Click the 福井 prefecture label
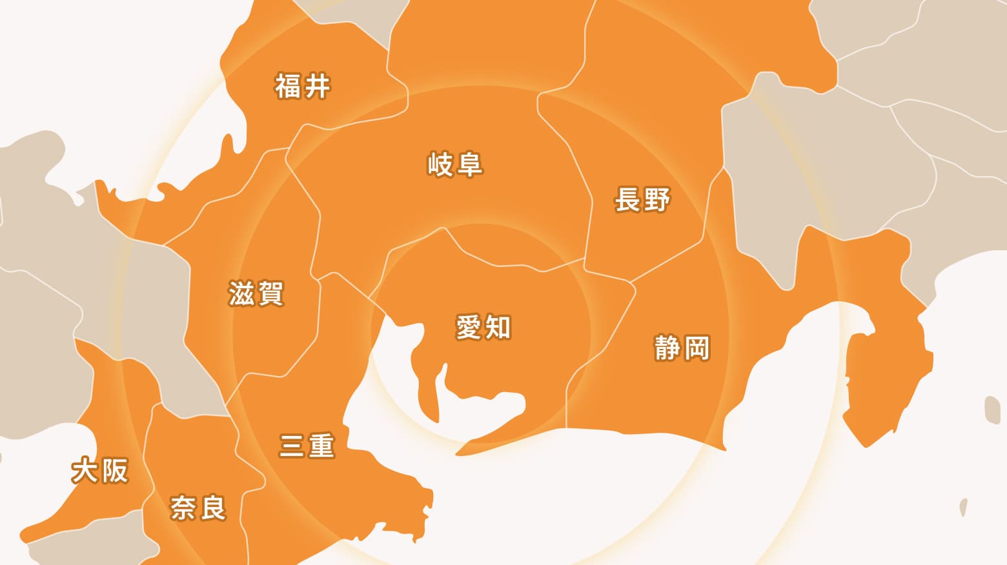click(x=303, y=86)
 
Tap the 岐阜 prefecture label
click(x=455, y=164)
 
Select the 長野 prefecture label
click(x=642, y=199)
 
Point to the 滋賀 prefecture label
click(x=256, y=293)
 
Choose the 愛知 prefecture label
click(x=483, y=327)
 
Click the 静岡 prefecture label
click(x=682, y=348)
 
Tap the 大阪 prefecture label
click(x=100, y=471)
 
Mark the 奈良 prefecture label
click(x=198, y=508)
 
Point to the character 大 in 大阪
click(x=85, y=471)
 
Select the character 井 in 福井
click(x=317, y=86)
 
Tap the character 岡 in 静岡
click(x=697, y=348)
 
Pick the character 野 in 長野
click(x=657, y=199)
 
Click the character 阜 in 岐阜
click(x=469, y=164)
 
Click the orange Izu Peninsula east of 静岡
click(x=884, y=374)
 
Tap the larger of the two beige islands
click(x=992, y=410)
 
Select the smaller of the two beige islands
click(x=964, y=506)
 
